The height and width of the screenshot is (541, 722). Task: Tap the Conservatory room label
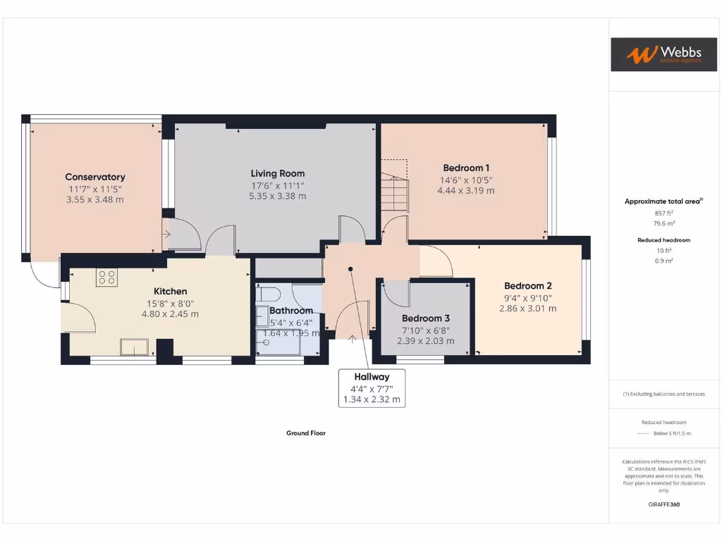(95, 177)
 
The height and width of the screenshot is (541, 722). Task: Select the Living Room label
(278, 173)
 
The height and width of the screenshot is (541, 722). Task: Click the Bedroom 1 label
(466, 168)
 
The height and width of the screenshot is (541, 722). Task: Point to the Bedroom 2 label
(527, 286)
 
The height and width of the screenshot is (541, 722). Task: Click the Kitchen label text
(171, 291)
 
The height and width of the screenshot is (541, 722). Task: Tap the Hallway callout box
(372, 388)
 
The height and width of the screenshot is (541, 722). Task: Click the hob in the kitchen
(106, 277)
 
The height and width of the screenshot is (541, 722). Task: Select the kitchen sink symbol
(134, 347)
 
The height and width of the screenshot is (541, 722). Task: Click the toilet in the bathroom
(269, 294)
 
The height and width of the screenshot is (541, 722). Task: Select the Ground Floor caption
(306, 433)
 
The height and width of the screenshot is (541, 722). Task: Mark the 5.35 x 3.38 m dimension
(278, 196)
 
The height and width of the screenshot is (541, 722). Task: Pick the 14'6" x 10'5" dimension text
(466, 179)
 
